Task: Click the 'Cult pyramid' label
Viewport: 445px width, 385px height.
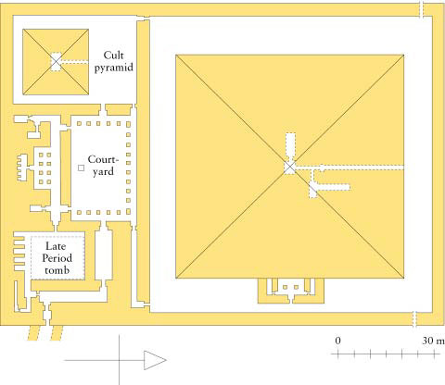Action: coord(114,62)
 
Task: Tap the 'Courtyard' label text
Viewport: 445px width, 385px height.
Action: coord(103,166)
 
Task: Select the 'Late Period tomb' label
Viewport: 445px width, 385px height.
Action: coord(57,258)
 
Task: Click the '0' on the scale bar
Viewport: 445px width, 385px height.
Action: coord(337,341)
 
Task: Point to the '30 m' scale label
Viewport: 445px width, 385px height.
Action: coord(433,341)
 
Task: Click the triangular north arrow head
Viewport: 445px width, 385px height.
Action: coord(155,360)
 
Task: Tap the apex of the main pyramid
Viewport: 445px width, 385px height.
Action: coord(289,167)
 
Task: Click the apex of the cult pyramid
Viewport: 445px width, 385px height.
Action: coord(56,62)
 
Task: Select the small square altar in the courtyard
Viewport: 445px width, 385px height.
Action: coord(81,168)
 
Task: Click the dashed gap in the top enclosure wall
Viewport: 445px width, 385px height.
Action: coord(422,9)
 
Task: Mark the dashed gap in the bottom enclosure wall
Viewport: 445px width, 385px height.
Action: coord(415,318)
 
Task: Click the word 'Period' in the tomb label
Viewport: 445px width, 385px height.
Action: coord(57,258)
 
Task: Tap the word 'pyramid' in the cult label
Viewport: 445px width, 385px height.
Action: coord(114,68)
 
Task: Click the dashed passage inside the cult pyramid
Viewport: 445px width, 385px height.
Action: coord(74,62)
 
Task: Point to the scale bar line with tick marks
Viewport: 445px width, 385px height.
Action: coord(386,354)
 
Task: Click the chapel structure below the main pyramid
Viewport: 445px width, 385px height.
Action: coord(291,291)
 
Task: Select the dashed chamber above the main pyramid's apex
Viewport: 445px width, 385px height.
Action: coord(291,146)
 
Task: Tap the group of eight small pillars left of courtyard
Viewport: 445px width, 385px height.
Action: coord(44,168)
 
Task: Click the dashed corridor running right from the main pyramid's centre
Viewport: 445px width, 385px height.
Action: coord(350,168)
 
